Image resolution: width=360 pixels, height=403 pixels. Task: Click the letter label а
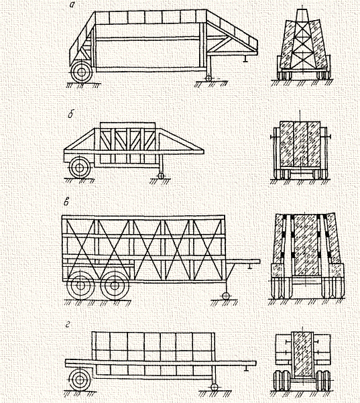(x=72, y=5)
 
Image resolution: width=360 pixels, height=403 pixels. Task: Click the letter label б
(x=71, y=115)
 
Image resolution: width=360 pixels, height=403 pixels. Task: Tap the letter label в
(x=66, y=203)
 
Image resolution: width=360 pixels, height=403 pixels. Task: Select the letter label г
(x=68, y=325)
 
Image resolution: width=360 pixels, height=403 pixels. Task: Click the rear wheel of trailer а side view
(x=82, y=72)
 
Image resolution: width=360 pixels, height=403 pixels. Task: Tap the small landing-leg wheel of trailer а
(x=208, y=78)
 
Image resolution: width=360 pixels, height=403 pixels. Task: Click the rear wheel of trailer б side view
(x=80, y=168)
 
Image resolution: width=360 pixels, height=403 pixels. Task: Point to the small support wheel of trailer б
(x=161, y=176)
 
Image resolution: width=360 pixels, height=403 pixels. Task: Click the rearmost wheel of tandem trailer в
(x=80, y=285)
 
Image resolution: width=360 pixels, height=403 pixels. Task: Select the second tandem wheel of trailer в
(x=115, y=285)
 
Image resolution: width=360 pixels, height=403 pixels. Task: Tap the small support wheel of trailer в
(x=226, y=296)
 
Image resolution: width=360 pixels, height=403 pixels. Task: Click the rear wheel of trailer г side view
(x=80, y=380)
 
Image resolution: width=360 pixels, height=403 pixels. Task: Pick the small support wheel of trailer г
(x=214, y=387)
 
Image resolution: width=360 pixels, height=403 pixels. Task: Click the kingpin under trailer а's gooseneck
(x=245, y=59)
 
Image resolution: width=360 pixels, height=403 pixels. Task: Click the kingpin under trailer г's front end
(x=247, y=367)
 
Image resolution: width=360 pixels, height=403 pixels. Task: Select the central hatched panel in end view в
(x=305, y=244)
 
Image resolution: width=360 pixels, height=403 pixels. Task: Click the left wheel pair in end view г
(x=282, y=380)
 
